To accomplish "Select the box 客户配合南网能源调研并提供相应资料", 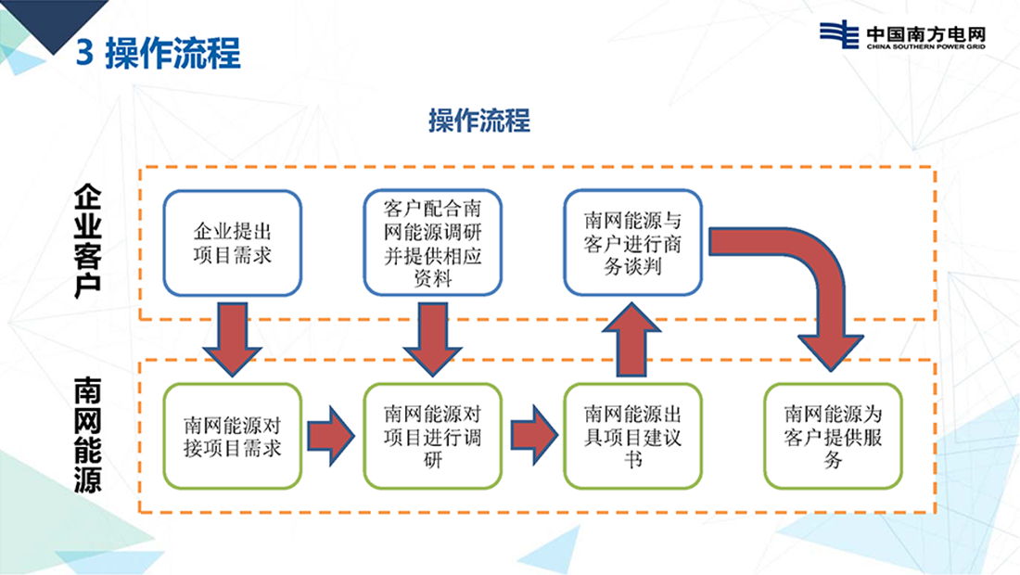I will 433,241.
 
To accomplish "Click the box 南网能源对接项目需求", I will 233,436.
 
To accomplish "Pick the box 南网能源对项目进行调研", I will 433,436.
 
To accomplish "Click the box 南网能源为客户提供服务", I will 833,436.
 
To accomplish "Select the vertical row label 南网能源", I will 87,434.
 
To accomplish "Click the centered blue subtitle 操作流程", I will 478,121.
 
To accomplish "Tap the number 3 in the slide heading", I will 83,53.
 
